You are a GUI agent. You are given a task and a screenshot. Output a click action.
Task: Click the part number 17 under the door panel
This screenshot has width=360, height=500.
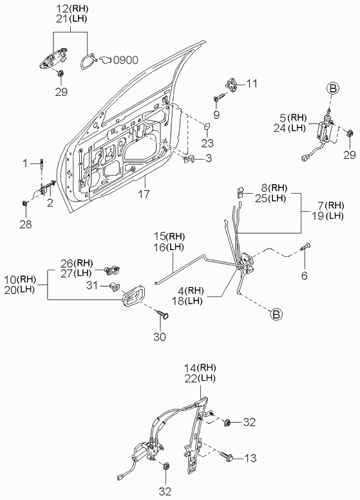pyautogui.click(x=144, y=194)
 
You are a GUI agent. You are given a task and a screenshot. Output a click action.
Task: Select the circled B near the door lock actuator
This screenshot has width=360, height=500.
pyautogui.click(x=332, y=89)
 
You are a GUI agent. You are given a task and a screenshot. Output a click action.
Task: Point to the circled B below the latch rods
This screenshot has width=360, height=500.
pyautogui.click(x=276, y=314)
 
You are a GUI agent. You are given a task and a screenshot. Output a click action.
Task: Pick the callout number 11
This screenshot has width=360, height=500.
pyautogui.click(x=252, y=84)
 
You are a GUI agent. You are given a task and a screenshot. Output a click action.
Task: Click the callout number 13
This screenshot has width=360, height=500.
pyautogui.click(x=251, y=458)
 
